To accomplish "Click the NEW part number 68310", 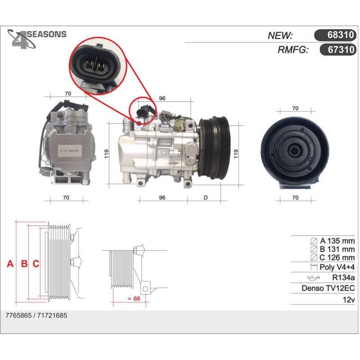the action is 341,35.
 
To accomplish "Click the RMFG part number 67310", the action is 341,49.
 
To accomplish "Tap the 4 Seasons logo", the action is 37,39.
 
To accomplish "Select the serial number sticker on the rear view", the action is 68,151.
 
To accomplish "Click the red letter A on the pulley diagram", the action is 10,264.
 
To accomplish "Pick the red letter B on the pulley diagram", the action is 24,264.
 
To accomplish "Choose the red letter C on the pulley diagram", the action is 36,264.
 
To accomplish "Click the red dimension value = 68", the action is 134,298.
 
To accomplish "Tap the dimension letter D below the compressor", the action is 206,198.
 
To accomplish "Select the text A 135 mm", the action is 337,241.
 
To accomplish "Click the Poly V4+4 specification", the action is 337,267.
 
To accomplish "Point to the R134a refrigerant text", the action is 343,278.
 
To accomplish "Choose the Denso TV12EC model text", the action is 328,288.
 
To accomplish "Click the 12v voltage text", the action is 349,299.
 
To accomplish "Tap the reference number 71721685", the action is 52,315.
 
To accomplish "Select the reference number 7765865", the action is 18,315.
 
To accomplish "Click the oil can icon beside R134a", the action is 313,278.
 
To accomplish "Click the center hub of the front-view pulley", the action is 295,151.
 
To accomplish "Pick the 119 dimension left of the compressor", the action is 106,153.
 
